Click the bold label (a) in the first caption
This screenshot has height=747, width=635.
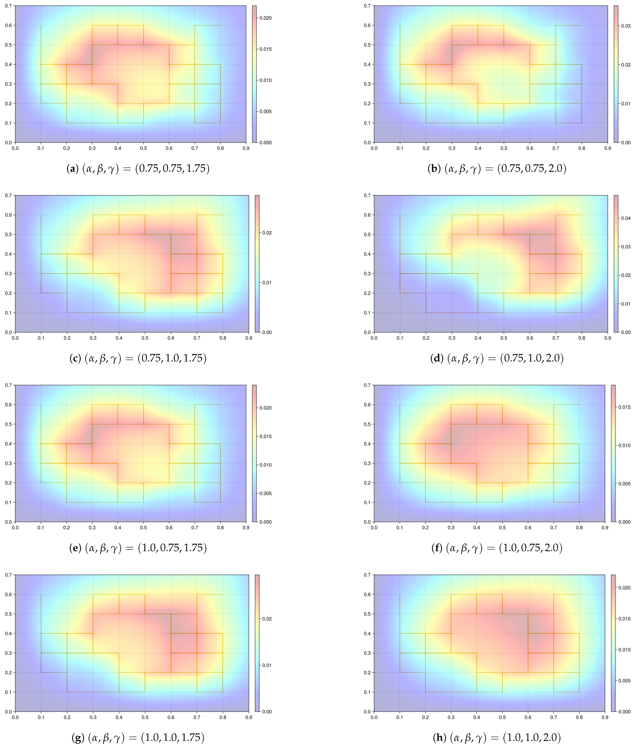pyautogui.click(x=72, y=169)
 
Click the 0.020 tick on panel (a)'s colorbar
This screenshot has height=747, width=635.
pyautogui.click(x=266, y=18)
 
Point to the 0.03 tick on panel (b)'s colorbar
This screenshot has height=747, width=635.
pyautogui.click(x=626, y=26)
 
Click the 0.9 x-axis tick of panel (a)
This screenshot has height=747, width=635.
pyautogui.click(x=246, y=148)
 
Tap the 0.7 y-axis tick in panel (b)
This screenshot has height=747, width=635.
pyautogui.click(x=367, y=6)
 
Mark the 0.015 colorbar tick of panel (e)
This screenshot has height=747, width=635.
pyautogui.click(x=266, y=436)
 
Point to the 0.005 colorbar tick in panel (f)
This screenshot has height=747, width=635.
pyautogui.click(x=624, y=484)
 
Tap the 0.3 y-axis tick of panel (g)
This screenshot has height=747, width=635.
pyautogui.click(x=8, y=653)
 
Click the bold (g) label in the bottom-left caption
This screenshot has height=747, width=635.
pyautogui.click(x=78, y=738)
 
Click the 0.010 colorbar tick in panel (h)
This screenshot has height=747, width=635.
pyautogui.click(x=624, y=650)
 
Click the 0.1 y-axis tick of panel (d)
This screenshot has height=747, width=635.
pyautogui.click(x=367, y=313)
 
